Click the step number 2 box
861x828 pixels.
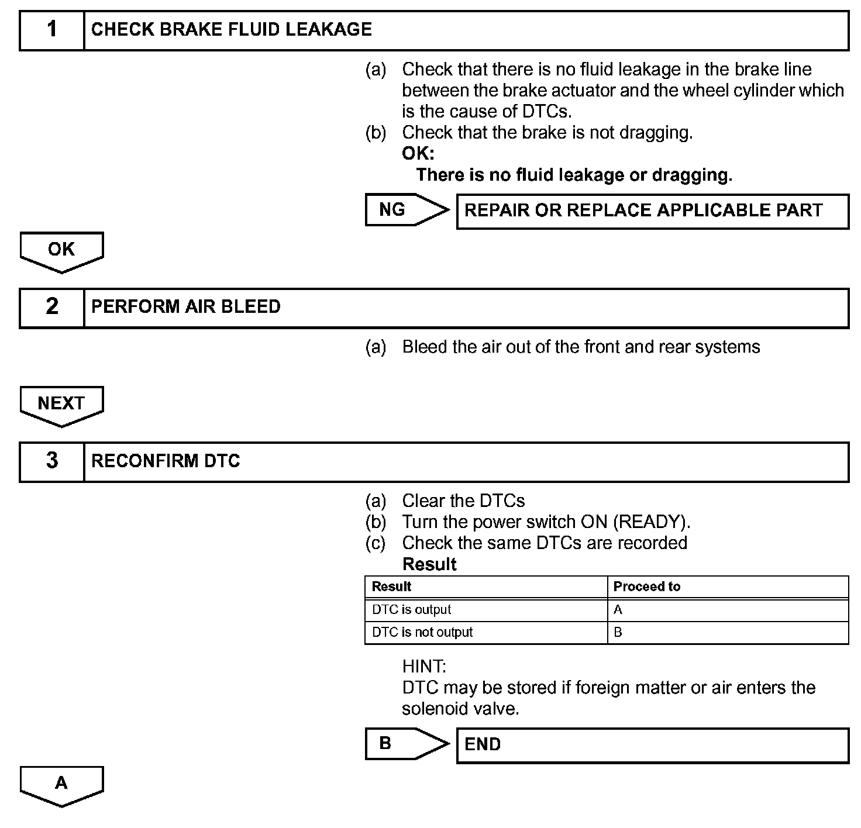52,307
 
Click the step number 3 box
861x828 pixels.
52,461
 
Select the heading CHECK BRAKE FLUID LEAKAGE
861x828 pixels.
232,30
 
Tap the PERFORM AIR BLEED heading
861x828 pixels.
186,307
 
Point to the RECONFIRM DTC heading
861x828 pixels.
166,461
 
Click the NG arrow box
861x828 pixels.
404,210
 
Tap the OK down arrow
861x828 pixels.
61,251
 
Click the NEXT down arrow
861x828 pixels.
61,405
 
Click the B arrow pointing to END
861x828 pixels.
404,744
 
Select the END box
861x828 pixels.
652,745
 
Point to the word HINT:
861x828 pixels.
424,666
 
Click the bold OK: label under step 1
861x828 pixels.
418,154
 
